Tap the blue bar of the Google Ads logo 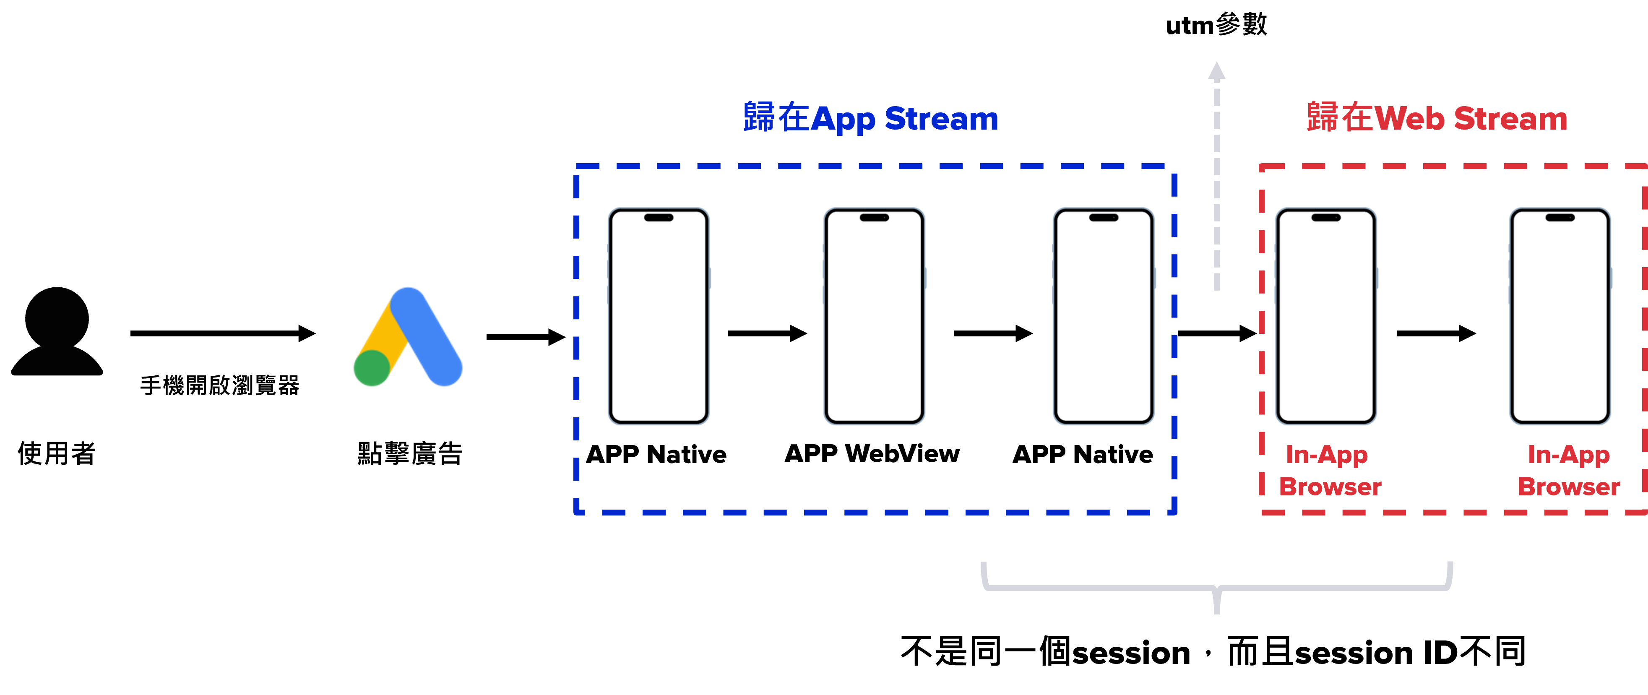[x=427, y=336]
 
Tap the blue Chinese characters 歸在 [x=776, y=118]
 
